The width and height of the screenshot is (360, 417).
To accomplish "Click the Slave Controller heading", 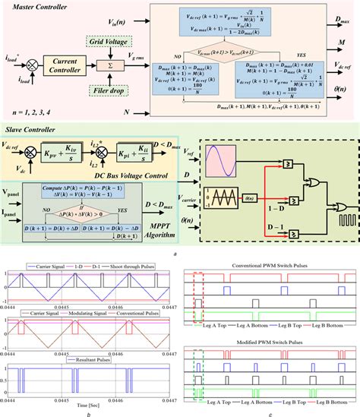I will [x=35, y=130].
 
